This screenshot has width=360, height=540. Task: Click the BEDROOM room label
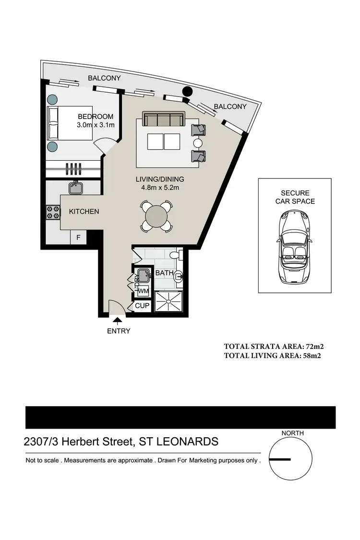tap(96, 117)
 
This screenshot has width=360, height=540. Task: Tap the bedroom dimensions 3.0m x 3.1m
tap(96, 125)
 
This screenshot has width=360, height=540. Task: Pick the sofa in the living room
tap(164, 120)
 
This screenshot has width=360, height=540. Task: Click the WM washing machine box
tap(143, 291)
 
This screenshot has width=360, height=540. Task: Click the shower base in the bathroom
tap(168, 301)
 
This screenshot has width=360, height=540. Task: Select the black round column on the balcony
tap(188, 91)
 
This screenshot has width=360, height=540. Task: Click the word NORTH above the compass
tap(292, 433)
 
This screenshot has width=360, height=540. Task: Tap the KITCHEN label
tap(84, 211)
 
